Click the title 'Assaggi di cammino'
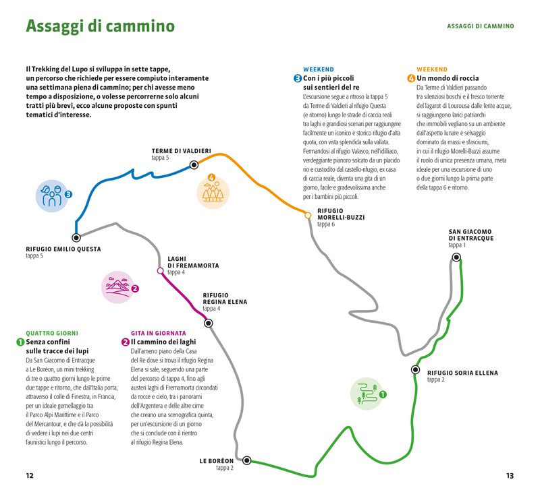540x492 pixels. click(x=100, y=27)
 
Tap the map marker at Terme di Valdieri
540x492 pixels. click(x=194, y=164)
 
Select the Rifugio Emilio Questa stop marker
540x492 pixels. click(x=76, y=237)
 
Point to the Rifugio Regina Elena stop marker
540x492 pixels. click(x=209, y=324)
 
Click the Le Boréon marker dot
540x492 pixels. click(x=247, y=461)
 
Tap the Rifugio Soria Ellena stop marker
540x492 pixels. click(x=415, y=370)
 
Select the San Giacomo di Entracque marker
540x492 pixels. click(x=457, y=257)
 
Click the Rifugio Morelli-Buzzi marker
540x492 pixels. click(x=308, y=215)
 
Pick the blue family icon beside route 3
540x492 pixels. click(x=51, y=195)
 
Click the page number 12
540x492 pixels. click(x=30, y=475)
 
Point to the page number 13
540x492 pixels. click(x=510, y=475)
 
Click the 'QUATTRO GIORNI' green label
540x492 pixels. click(x=52, y=333)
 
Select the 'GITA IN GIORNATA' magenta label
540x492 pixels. click(x=158, y=333)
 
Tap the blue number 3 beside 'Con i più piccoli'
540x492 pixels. click(x=298, y=79)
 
